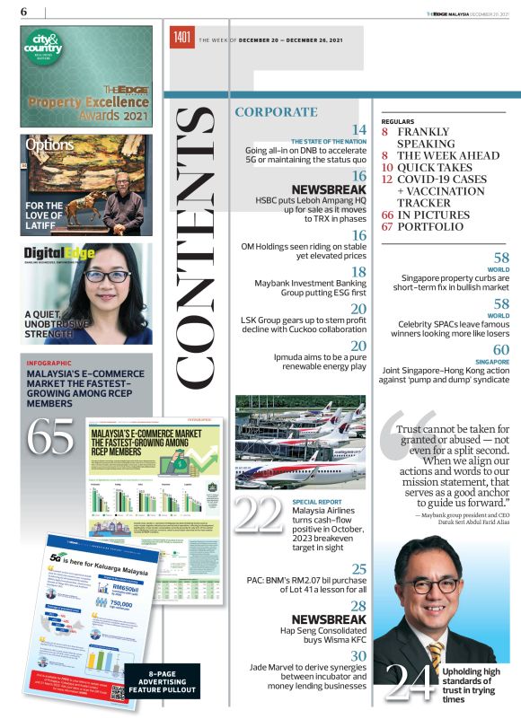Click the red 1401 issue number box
click(182, 39)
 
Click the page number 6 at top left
click(24, 11)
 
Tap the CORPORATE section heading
click(276, 112)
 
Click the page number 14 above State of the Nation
click(358, 130)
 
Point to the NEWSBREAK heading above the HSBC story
click(329, 190)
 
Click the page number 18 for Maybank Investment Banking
click(358, 272)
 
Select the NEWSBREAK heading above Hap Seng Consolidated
click(329, 620)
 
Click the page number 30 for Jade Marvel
click(358, 657)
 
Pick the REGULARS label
click(398, 120)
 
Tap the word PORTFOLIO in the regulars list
click(430, 227)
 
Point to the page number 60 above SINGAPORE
click(500, 349)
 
